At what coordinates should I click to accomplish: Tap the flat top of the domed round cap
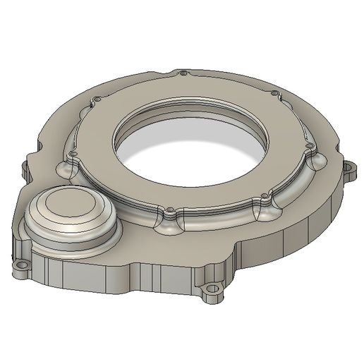(x=68, y=216)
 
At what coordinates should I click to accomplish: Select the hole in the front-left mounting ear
(x=21, y=267)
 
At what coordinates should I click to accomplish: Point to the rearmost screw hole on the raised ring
(x=183, y=73)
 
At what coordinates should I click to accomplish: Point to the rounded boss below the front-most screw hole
(x=169, y=224)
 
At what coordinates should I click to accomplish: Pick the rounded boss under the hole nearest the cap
(x=65, y=167)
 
